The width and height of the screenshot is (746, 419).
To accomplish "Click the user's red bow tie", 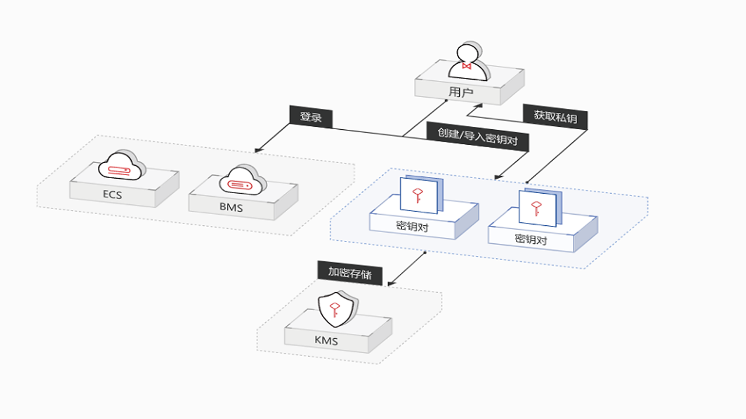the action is click(x=467, y=66).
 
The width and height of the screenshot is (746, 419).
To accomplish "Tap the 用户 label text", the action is click(x=461, y=92).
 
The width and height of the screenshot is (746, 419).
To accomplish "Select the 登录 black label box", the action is click(x=311, y=117).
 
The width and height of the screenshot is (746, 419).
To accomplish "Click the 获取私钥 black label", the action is click(x=555, y=117).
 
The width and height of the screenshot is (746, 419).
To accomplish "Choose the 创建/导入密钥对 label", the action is click(x=477, y=137).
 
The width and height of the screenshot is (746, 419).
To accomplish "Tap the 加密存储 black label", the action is click(x=350, y=273).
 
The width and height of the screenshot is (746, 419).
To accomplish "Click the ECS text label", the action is click(x=112, y=194).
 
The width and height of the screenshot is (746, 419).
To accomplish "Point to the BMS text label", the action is click(x=231, y=207).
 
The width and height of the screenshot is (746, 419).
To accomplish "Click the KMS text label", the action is click(x=326, y=340).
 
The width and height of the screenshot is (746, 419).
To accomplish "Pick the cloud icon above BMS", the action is click(x=242, y=180).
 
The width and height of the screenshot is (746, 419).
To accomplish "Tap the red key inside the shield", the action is click(x=335, y=310).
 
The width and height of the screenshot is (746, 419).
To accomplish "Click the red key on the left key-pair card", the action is click(x=418, y=195).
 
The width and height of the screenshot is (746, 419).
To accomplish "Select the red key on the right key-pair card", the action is click(x=536, y=208).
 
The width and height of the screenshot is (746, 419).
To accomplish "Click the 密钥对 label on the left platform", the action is click(x=412, y=226).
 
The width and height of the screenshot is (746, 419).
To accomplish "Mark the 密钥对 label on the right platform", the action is click(x=531, y=239).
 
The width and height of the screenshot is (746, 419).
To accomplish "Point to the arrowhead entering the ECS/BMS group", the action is click(x=258, y=150).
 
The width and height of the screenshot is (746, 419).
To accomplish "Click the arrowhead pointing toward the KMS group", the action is click(x=391, y=283).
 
